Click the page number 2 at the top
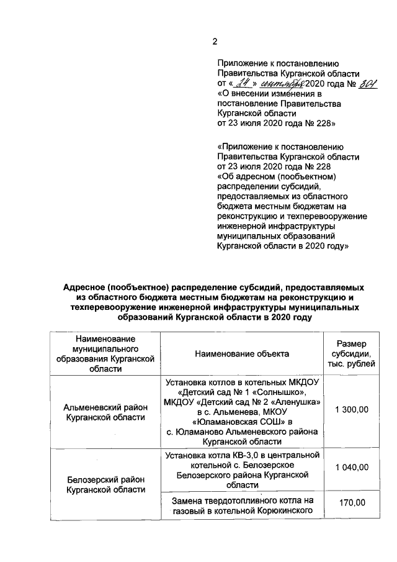click(215, 42)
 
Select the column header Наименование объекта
click(242, 353)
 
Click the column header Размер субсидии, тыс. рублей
click(352, 353)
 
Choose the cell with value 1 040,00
click(352, 467)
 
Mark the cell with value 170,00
click(352, 502)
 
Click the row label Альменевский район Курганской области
click(105, 412)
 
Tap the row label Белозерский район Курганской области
click(105, 484)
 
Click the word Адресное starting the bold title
click(84, 288)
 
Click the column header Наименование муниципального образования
click(105, 353)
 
